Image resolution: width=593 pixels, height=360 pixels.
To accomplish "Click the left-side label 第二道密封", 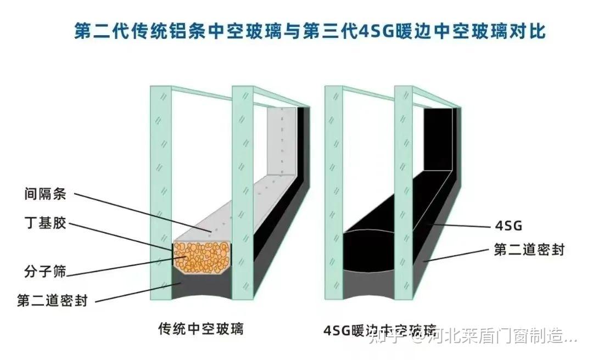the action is tap(52, 301).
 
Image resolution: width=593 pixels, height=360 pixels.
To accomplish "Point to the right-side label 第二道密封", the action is tap(529, 250).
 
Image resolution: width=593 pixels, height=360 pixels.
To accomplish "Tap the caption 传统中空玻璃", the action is tap(201, 329).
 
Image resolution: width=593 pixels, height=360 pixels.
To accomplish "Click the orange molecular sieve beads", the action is tap(202, 256).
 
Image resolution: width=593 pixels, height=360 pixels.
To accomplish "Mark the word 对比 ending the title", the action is tap(528, 31).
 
